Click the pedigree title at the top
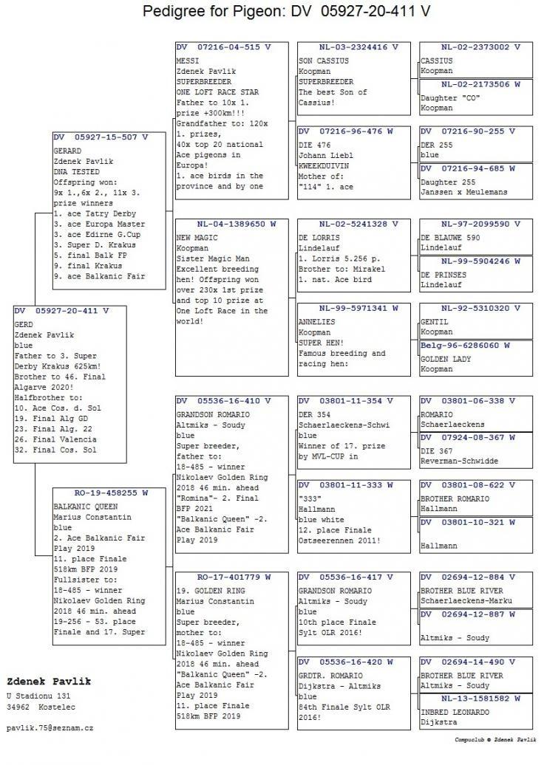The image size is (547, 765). [286, 12]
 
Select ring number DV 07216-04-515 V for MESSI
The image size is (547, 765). [223, 47]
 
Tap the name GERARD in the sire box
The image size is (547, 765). [67, 150]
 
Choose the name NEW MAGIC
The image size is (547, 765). [197, 239]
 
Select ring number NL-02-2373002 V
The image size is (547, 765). [475, 47]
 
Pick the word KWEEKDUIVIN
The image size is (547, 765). [326, 166]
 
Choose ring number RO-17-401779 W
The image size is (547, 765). [234, 577]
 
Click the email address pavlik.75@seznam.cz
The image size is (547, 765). [50, 727]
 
